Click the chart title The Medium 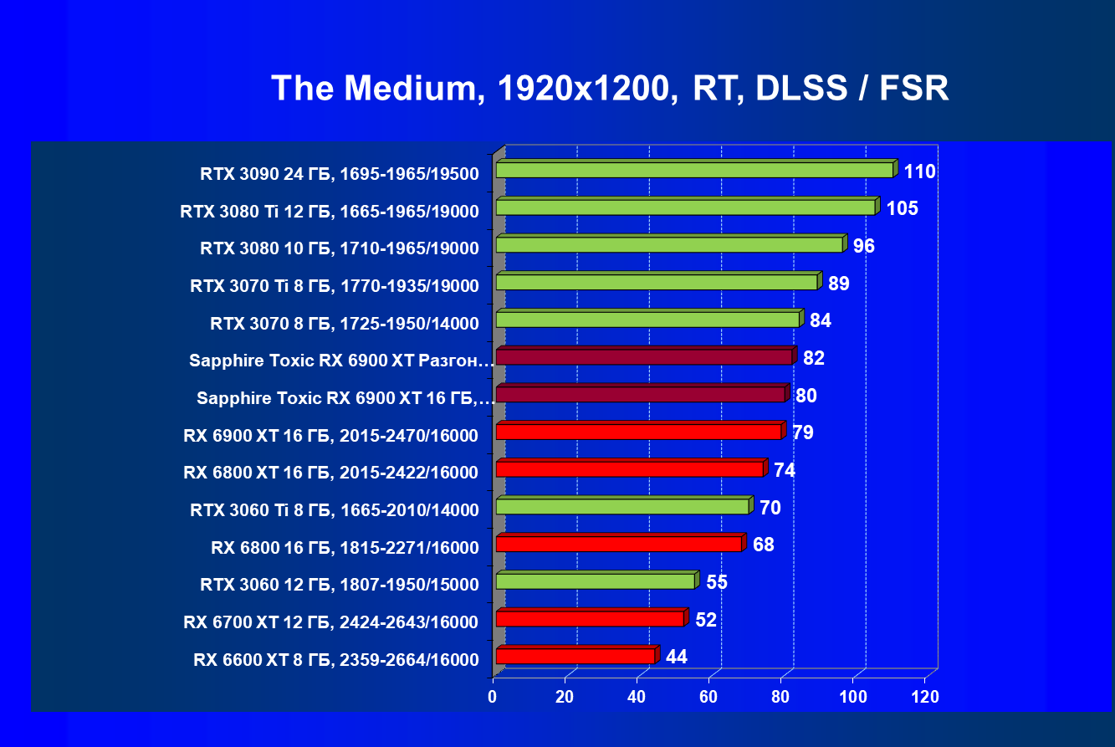point(610,89)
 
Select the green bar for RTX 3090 point(694,171)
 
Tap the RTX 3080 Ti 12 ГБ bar point(685,207)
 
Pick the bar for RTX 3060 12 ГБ point(595,581)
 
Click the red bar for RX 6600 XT point(575,656)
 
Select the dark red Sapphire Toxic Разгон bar point(643,357)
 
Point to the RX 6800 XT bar point(629,469)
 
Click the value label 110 point(918,172)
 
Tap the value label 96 point(863,246)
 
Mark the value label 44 point(676,657)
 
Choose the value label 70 point(770,508)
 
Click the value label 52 point(705,620)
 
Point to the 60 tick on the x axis point(709,697)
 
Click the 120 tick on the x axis point(924,697)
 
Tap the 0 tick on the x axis point(494,697)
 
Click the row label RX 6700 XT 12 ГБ point(331,622)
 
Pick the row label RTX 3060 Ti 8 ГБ point(335,510)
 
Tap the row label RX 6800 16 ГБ point(345,548)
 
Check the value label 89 point(838,284)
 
